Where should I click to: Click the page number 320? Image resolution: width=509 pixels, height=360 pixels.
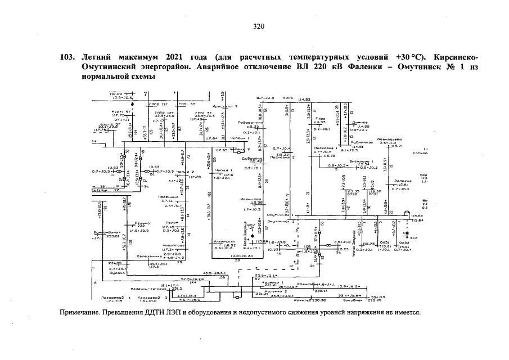(259, 26)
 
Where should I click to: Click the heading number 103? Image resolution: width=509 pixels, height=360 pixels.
(68, 58)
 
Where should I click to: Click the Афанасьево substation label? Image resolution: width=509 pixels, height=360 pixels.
(389, 139)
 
